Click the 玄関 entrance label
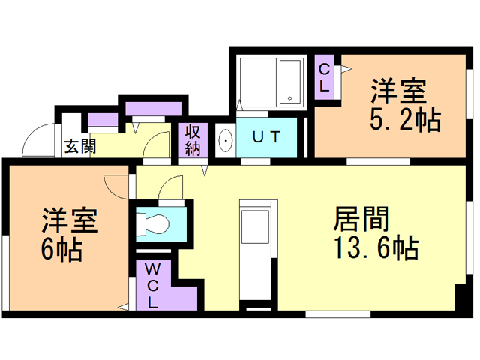coord(80,146)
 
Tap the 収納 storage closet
coord(193,140)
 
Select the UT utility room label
coord(267,136)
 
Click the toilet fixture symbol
coord(152,224)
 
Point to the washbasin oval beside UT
coord(226,141)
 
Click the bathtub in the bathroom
coord(289,81)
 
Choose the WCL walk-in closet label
coord(152,286)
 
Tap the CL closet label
coord(324,77)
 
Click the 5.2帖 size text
coord(405,120)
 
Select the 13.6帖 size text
coord(376,248)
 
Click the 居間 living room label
coord(361,218)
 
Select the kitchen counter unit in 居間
coord(258,250)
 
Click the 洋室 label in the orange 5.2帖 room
coord(398,91)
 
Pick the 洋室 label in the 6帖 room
coord(70,220)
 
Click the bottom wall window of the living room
coord(338,314)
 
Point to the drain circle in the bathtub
coord(290,98)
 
